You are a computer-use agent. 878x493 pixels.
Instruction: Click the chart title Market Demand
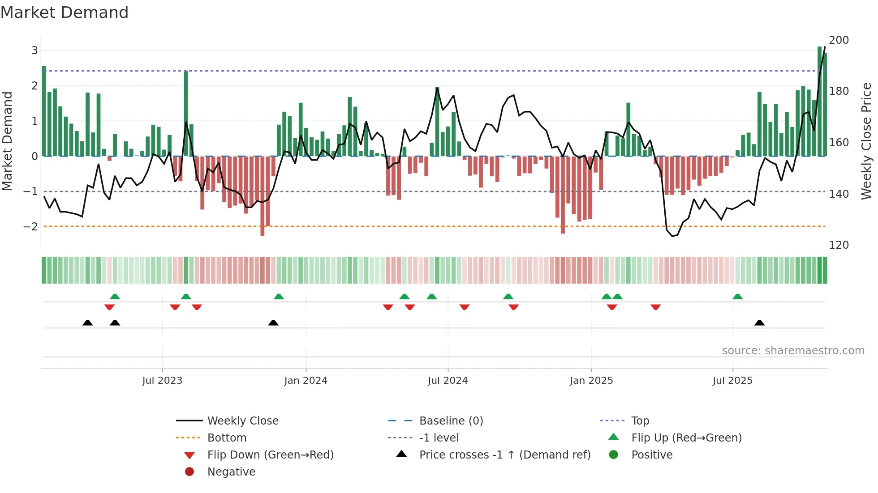(x=65, y=13)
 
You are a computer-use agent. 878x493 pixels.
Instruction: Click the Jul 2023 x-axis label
(x=162, y=381)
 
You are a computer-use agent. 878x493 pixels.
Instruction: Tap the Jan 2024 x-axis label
(x=306, y=381)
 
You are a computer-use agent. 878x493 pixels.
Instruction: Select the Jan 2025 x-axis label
(x=591, y=381)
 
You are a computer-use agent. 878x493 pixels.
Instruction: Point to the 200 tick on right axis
(x=839, y=40)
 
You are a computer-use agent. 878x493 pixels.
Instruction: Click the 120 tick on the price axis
(x=839, y=245)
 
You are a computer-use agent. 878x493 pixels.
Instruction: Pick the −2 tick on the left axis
(x=30, y=227)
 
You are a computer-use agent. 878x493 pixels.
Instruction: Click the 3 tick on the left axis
(x=34, y=51)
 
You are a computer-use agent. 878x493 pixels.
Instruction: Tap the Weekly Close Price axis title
(x=866, y=141)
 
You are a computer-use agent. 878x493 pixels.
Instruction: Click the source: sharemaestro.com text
(x=793, y=351)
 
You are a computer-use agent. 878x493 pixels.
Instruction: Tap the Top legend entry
(x=640, y=421)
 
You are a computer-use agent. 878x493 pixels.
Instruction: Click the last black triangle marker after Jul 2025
(x=759, y=323)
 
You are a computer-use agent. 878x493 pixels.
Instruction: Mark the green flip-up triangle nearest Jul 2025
(x=737, y=297)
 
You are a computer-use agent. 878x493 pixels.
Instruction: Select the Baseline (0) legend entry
(x=451, y=421)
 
